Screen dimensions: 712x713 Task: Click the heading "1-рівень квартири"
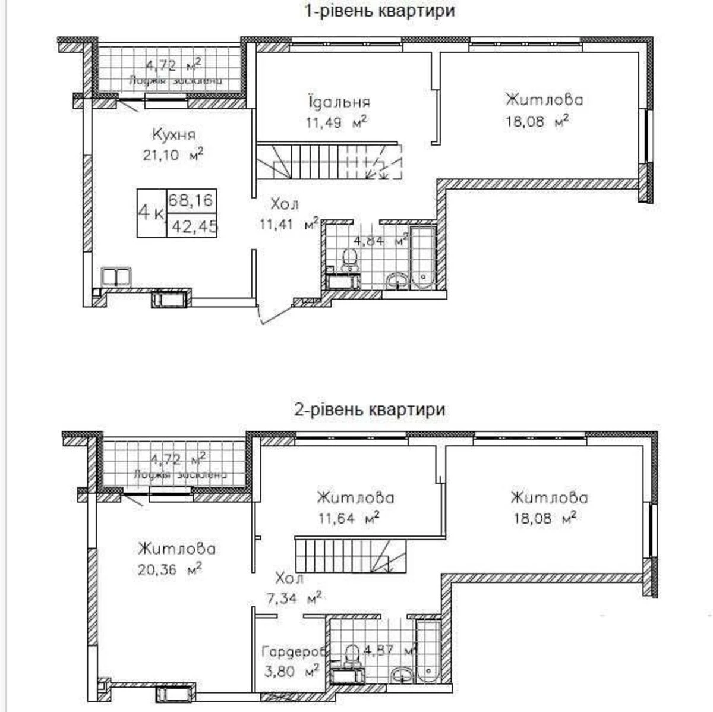[380, 11]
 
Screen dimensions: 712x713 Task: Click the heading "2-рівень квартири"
[370, 409]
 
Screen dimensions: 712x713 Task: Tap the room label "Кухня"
[173, 134]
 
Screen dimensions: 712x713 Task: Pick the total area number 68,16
[191, 200]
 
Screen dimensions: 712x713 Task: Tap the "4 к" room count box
[152, 213]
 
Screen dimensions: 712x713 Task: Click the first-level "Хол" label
[285, 204]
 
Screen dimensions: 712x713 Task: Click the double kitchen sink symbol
[117, 277]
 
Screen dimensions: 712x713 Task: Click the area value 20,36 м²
[169, 569]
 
